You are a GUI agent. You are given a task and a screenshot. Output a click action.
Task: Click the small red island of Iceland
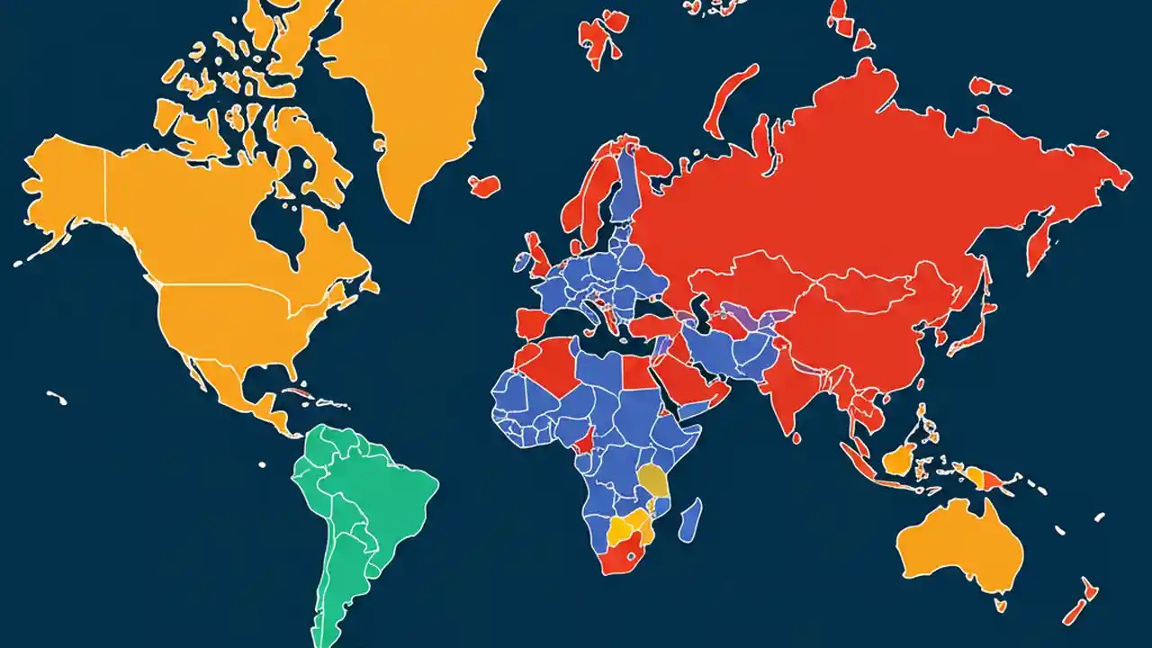(x=484, y=185)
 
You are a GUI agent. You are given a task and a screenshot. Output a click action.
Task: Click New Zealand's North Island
(x=1090, y=589)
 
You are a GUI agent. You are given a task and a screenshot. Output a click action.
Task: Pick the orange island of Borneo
(x=900, y=460)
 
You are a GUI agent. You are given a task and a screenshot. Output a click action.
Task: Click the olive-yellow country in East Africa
(x=653, y=481)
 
